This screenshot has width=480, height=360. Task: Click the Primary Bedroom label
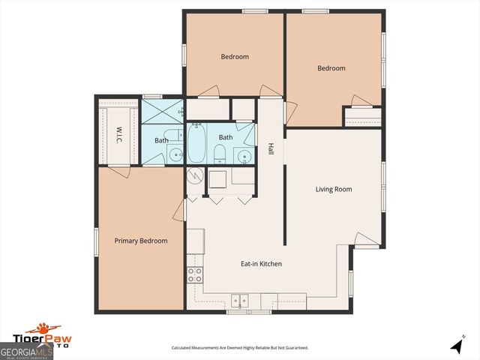pos(140,241)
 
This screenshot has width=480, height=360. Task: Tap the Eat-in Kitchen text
pos(260,264)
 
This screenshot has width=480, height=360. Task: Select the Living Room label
pos(333,189)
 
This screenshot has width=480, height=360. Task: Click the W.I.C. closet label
pos(118,135)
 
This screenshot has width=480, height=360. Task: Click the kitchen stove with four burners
pos(195,274)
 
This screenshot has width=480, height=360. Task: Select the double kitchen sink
pos(240,300)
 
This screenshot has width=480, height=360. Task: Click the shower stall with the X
pos(162,111)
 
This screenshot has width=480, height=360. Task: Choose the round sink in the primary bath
pos(175,155)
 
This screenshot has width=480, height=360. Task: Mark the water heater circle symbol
pos(195,177)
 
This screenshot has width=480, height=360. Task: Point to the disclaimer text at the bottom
pos(239,348)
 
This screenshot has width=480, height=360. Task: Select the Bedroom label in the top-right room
pos(331,68)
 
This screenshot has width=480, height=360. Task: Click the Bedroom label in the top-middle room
pos(235,56)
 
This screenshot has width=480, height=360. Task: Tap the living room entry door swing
pos(367,240)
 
